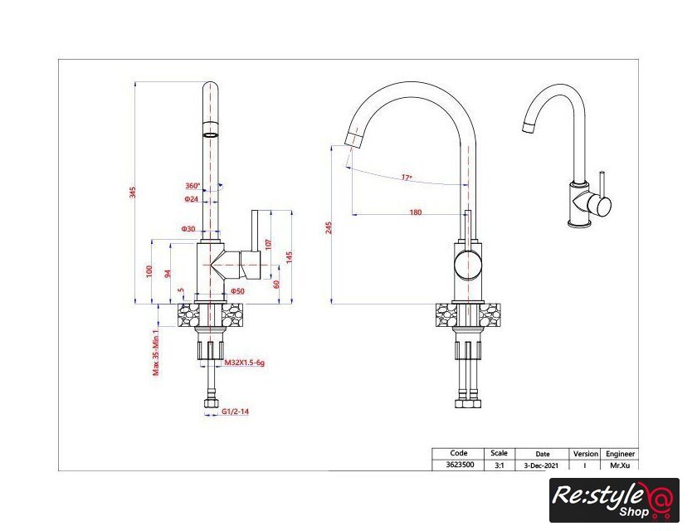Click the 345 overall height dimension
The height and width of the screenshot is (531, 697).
(x=132, y=192)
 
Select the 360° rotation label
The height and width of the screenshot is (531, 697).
(x=193, y=186)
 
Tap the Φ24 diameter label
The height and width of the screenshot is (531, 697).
(x=192, y=199)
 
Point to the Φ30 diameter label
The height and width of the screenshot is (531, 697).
(x=188, y=228)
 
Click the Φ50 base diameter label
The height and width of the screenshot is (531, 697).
(x=237, y=291)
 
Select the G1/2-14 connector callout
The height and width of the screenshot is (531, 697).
(x=236, y=412)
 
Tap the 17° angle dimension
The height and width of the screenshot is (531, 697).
(x=407, y=177)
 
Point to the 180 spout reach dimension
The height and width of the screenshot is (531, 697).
(x=415, y=212)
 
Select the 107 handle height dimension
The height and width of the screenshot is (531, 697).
(x=268, y=244)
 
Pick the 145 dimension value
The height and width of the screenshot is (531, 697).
(x=289, y=257)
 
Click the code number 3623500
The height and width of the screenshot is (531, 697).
(x=458, y=465)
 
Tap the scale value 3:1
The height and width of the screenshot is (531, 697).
(x=500, y=465)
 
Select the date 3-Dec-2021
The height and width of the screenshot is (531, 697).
(x=542, y=465)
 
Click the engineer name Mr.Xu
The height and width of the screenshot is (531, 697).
(x=619, y=465)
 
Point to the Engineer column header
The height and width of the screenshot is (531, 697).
(x=620, y=454)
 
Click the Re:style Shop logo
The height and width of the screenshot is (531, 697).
(x=613, y=500)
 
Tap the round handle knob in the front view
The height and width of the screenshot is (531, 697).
(x=465, y=265)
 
